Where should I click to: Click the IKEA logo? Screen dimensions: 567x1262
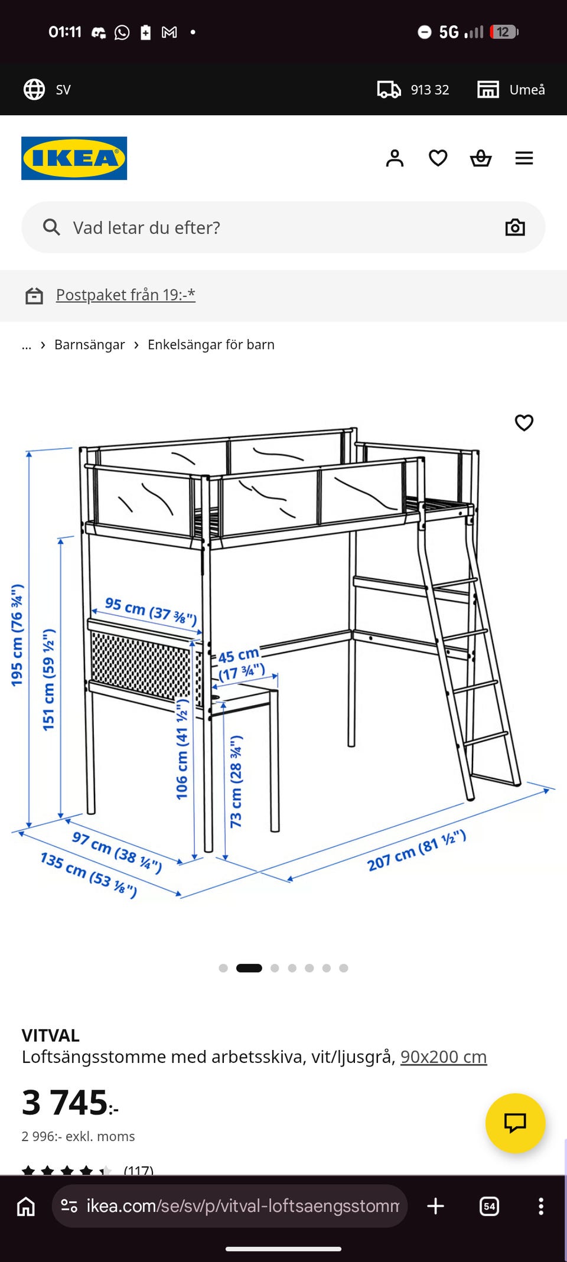pos(74,158)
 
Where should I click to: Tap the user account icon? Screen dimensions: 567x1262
pos(395,158)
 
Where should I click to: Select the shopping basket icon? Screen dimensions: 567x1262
pos(481,158)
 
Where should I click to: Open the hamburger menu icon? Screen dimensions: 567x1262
pos(524,158)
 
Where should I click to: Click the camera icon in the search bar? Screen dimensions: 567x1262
pos(515,227)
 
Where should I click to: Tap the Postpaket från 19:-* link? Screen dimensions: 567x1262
pos(126,295)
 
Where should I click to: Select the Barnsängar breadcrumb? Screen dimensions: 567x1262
pos(90,344)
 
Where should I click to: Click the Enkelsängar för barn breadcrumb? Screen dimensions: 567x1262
pos(211,344)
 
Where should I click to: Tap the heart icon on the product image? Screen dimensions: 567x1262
pos(524,423)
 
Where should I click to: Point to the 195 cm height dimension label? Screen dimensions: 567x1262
pos(17,635)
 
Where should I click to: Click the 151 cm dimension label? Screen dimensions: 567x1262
pos(48,680)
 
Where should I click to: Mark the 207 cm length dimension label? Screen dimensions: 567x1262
pos(416,850)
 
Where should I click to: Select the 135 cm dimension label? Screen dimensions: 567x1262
pos(89,875)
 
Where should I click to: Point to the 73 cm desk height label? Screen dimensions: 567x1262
pos(236,781)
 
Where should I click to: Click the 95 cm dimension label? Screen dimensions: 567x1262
pos(151,611)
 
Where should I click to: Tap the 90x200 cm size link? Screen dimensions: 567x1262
pos(444,1056)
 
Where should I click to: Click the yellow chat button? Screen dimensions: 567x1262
pos(515,1123)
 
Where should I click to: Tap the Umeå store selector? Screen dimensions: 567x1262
pos(511,90)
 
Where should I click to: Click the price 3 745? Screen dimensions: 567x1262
pos(70,1103)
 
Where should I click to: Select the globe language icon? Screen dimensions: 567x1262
pos(34,90)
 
